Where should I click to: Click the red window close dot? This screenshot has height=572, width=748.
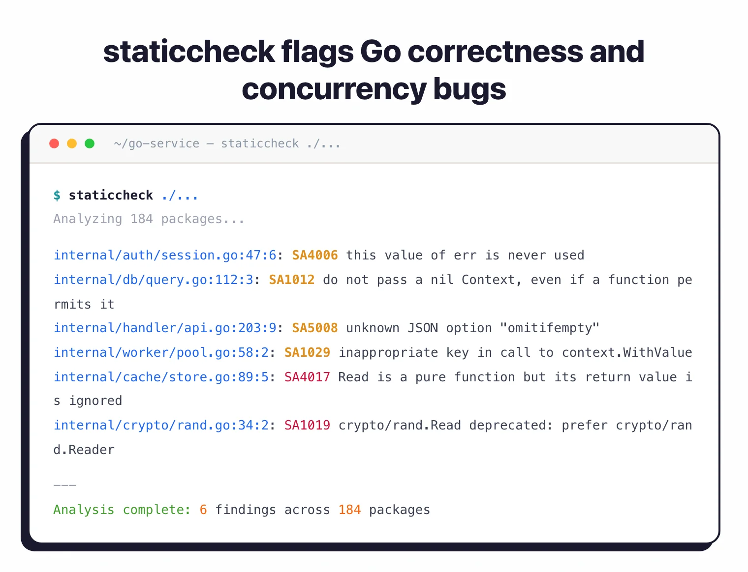pyautogui.click(x=54, y=143)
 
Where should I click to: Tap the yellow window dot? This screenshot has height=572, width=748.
pyautogui.click(x=72, y=143)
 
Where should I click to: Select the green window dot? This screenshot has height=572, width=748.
pyautogui.click(x=90, y=143)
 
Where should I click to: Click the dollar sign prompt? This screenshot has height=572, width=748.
pyautogui.click(x=57, y=196)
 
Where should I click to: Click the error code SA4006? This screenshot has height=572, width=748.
pyautogui.click(x=315, y=256)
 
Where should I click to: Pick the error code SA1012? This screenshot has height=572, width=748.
pyautogui.click(x=292, y=280)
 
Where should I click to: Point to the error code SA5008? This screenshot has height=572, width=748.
pyautogui.click(x=315, y=328)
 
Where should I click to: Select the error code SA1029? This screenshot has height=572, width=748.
pyautogui.click(x=307, y=353)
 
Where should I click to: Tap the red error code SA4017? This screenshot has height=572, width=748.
pyautogui.click(x=307, y=377)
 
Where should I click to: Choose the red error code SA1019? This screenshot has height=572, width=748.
pyautogui.click(x=307, y=426)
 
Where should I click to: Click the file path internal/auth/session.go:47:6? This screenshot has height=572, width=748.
pyautogui.click(x=165, y=256)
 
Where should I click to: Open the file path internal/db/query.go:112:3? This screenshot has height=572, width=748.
pyautogui.click(x=154, y=280)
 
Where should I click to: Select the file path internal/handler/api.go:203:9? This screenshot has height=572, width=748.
pyautogui.click(x=165, y=328)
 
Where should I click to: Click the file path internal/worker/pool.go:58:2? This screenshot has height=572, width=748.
pyautogui.click(x=161, y=353)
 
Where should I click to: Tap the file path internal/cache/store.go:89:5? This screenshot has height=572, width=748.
pyautogui.click(x=161, y=377)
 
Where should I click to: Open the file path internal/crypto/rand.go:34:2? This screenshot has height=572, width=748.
pyautogui.click(x=161, y=426)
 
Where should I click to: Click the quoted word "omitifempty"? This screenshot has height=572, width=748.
pyautogui.click(x=549, y=328)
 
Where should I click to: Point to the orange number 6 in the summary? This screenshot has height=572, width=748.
pyautogui.click(x=203, y=510)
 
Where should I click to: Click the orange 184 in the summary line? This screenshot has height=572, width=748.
pyautogui.click(x=349, y=510)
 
